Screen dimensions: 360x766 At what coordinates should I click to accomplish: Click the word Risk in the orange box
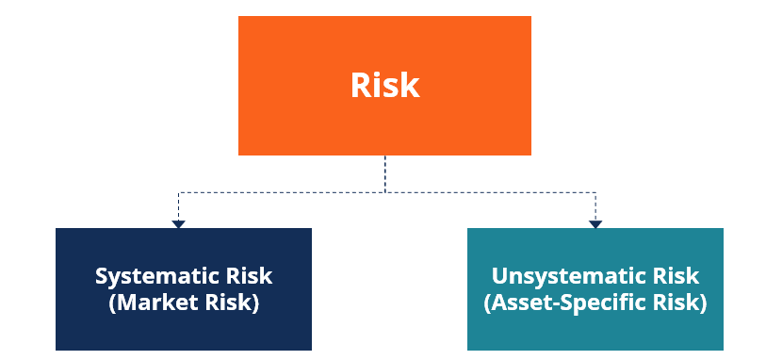[384, 85]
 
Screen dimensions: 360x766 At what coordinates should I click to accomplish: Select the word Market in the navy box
[160, 303]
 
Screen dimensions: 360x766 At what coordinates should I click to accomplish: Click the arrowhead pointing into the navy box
[178, 223]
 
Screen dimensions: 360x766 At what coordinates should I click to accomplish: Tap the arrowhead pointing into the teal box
[595, 223]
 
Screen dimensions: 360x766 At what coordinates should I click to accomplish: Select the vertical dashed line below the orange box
[384, 173]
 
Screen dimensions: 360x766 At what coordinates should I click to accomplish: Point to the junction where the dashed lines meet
[384, 192]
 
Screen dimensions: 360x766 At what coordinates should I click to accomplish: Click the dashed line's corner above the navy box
[178, 192]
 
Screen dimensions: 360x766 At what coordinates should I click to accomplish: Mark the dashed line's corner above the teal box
[595, 192]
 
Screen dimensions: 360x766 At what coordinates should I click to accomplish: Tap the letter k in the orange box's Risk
[411, 85]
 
